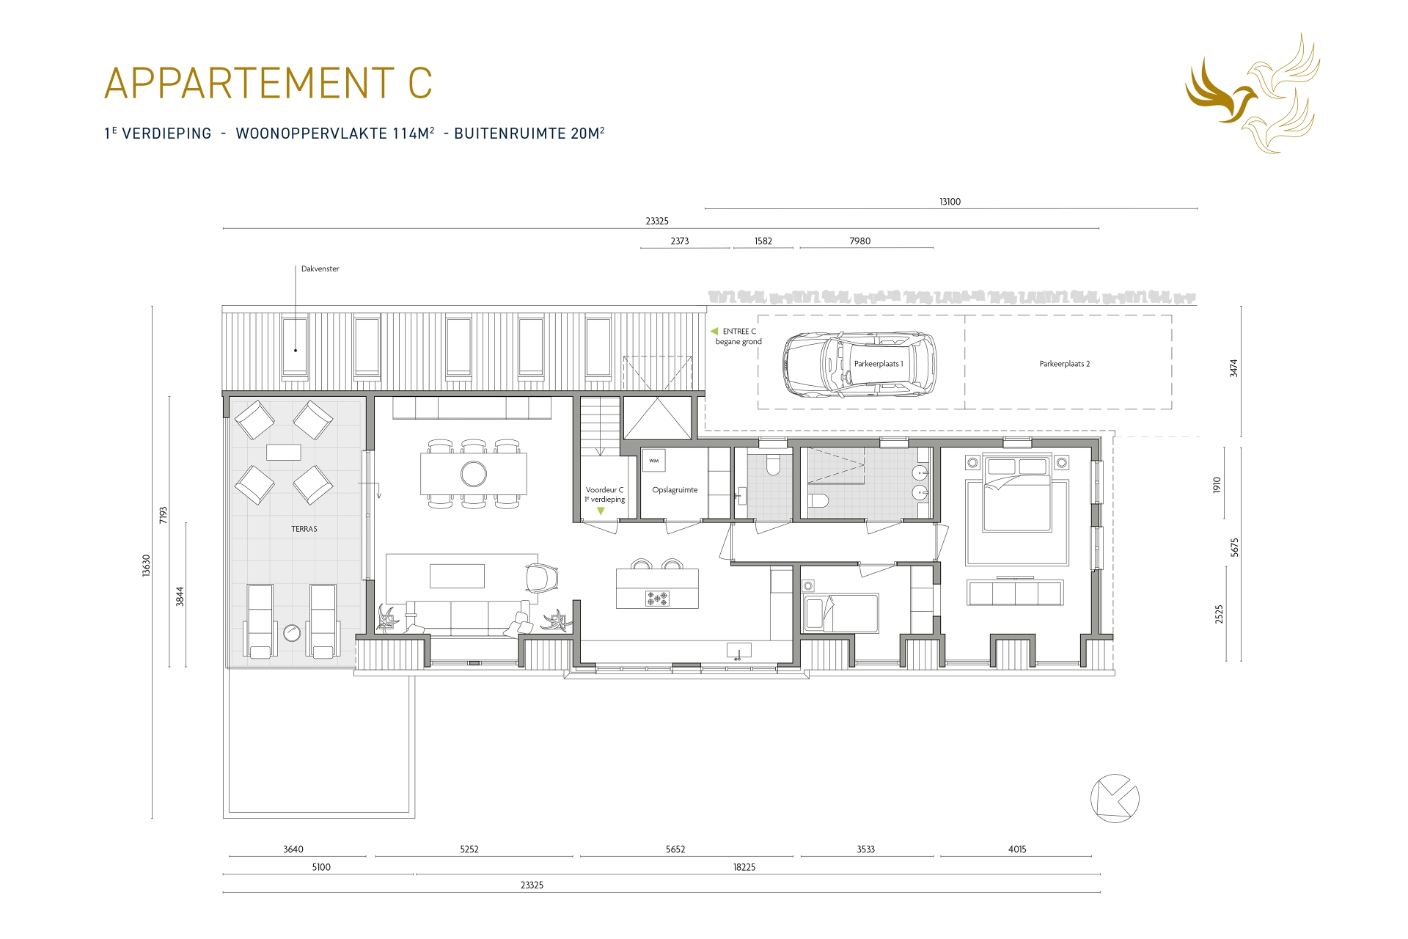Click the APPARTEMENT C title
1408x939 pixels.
coord(268,83)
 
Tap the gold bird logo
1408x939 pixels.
coord(1252,94)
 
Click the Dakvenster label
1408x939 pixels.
coord(320,269)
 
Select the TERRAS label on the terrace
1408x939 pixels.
coord(304,529)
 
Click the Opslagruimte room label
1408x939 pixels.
coord(675,490)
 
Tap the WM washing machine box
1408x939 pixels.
coord(653,461)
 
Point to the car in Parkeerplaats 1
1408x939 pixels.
coord(859,365)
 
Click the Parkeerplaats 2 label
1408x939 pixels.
coord(1064,364)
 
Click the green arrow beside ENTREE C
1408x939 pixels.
coord(714,332)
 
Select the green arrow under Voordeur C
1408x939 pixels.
coord(601,511)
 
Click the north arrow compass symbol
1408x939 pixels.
coord(1115,798)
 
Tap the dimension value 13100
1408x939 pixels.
coord(950,202)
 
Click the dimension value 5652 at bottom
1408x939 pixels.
coord(675,850)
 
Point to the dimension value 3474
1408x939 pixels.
coord(1233,368)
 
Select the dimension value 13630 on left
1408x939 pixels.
coord(146,566)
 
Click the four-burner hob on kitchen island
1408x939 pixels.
coord(657,599)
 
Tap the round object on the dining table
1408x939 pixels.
coord(474,474)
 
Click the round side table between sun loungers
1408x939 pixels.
coord(292,632)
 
